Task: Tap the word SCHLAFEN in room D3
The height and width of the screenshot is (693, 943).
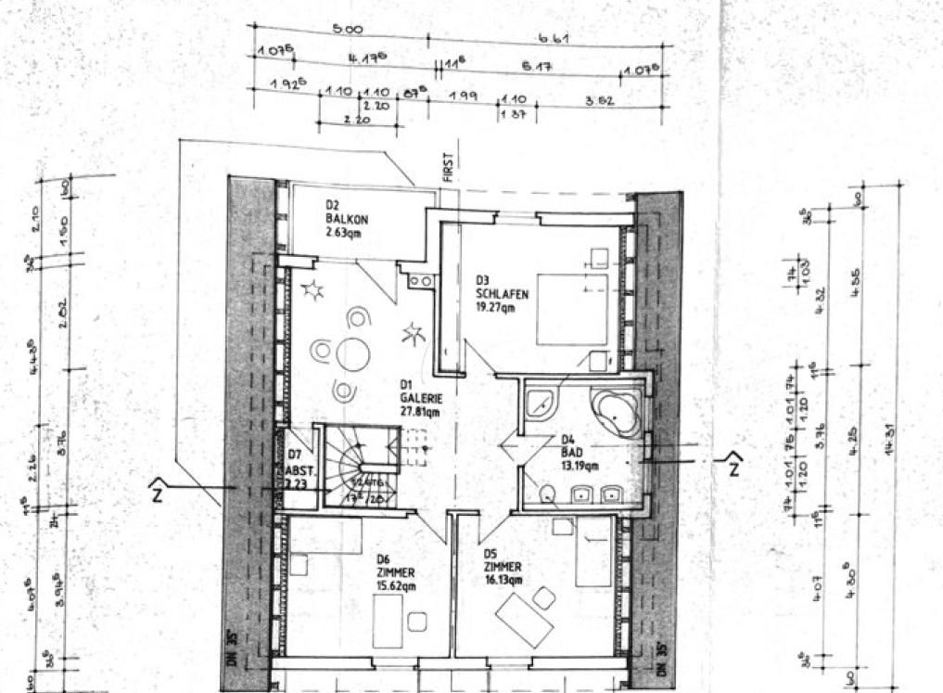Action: pyautogui.click(x=502, y=294)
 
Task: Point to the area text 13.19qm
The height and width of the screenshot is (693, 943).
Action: pyautogui.click(x=580, y=466)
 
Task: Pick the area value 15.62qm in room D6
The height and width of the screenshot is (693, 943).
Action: pyautogui.click(x=395, y=585)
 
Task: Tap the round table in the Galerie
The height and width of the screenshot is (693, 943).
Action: pyautogui.click(x=353, y=353)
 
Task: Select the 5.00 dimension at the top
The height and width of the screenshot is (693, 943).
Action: pyautogui.click(x=347, y=31)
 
